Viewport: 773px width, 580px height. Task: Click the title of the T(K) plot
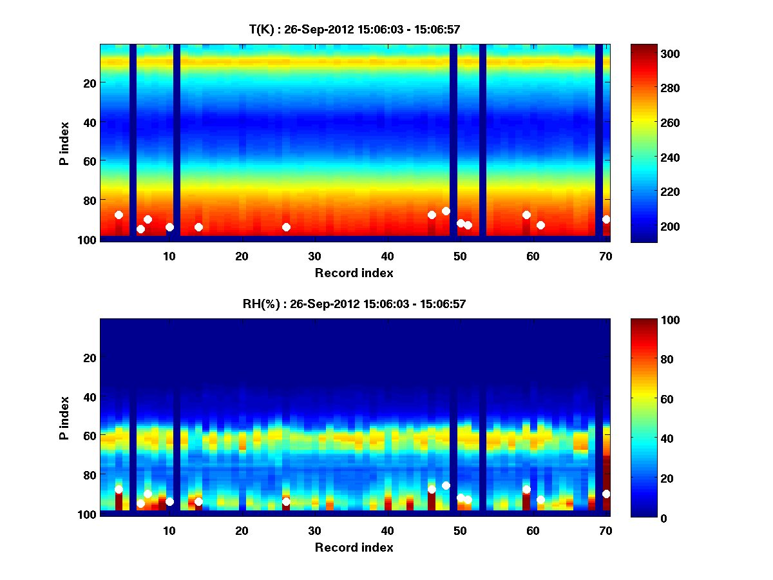coord(354,29)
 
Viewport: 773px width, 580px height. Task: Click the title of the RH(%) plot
coord(354,304)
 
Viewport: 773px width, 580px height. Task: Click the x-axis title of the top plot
coord(354,273)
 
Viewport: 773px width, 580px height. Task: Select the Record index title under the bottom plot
coord(354,547)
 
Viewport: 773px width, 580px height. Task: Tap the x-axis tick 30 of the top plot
coord(315,255)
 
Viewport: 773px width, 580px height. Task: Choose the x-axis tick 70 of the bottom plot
coord(606,530)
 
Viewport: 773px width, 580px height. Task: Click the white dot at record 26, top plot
coord(286,227)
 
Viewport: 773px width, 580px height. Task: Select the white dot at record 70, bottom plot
coord(606,494)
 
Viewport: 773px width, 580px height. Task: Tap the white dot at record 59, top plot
coord(526,215)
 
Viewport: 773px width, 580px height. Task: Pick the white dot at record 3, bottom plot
coord(119,489)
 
